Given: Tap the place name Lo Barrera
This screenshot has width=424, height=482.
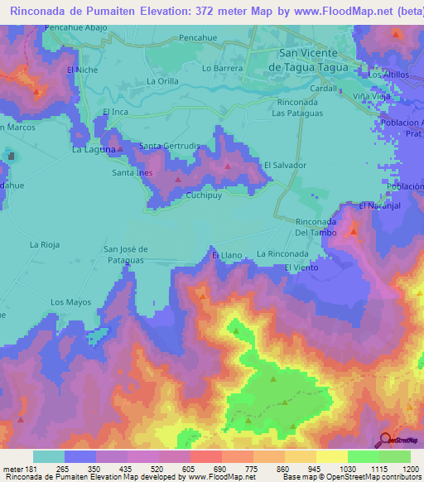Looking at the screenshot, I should tap(222, 68).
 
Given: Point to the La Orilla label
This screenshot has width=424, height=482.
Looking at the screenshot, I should tap(162, 81).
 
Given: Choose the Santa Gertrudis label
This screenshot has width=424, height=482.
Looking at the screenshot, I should tap(169, 146).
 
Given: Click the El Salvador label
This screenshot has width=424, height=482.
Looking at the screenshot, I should tap(285, 165).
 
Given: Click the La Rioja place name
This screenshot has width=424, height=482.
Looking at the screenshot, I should tap(46, 244).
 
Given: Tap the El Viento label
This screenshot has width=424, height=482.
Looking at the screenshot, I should tap(301, 268).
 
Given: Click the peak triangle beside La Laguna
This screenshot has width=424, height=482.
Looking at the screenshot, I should tap(120, 150).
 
